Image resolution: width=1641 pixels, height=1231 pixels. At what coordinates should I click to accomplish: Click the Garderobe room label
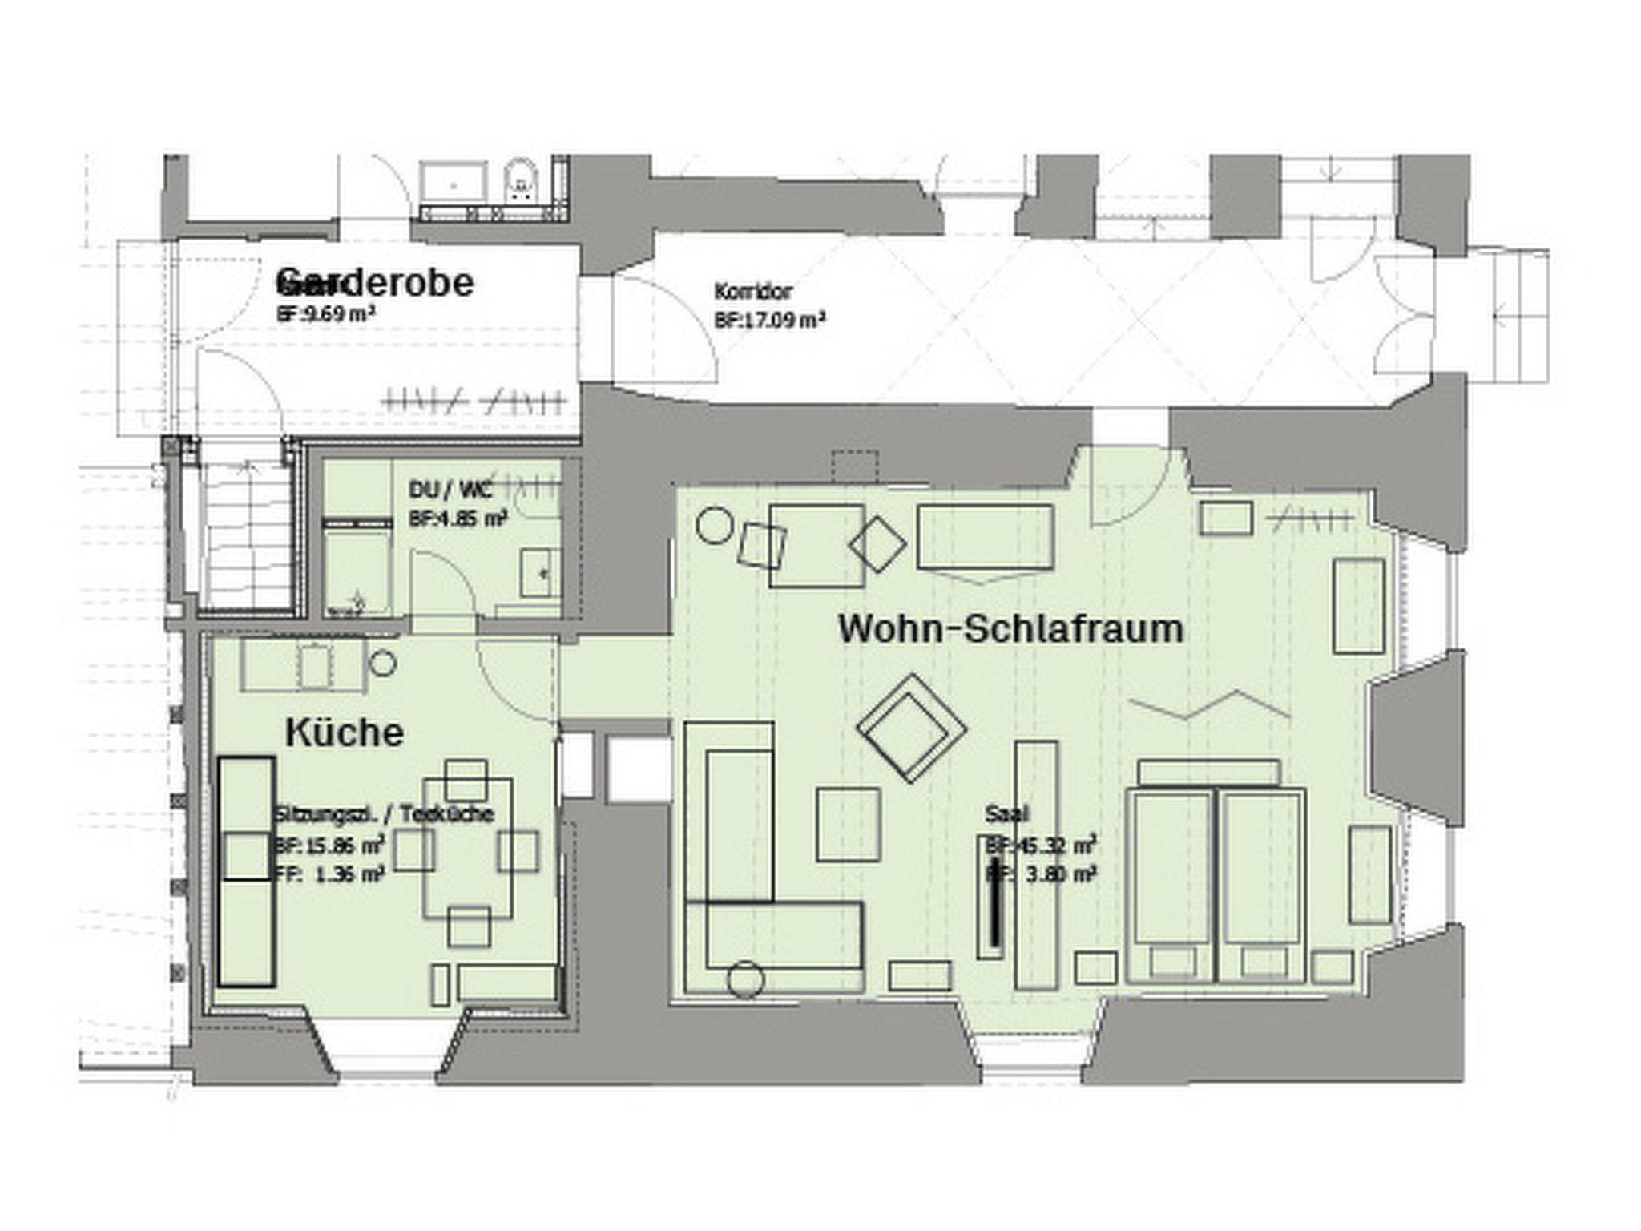pos(376,283)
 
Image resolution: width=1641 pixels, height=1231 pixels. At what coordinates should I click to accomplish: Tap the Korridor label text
pos(753,291)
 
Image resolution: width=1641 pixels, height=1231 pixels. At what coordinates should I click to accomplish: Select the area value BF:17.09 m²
pos(769,321)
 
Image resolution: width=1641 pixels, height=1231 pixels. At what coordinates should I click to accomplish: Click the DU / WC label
pos(450,489)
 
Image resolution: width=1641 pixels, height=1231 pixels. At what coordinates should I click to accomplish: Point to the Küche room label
pos(345,733)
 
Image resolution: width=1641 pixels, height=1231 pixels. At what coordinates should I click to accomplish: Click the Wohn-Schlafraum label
pos(1010,628)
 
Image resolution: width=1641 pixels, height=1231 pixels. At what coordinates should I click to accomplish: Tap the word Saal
pos(1006,814)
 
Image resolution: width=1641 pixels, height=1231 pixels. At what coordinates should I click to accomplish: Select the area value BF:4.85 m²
pos(458,519)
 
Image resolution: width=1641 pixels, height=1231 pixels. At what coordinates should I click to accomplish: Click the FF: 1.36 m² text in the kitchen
pos(329,874)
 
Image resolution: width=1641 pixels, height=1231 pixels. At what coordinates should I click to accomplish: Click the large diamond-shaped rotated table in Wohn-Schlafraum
pos(911,728)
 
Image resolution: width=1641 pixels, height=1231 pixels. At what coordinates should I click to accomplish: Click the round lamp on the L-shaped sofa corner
pos(745,979)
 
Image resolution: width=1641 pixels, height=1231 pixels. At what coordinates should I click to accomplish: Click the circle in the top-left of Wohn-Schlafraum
pos(715,525)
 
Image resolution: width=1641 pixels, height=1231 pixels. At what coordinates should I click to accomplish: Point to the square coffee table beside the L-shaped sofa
pos(848,824)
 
